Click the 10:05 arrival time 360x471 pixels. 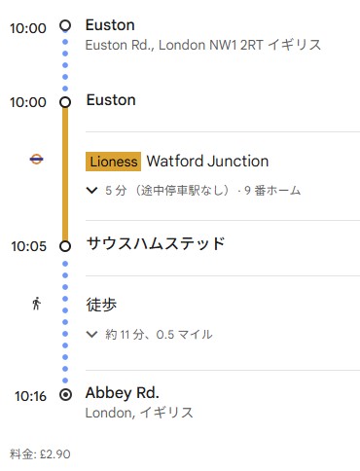tap(27, 246)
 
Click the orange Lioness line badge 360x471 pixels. tap(113, 162)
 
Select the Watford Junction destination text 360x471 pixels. tap(207, 162)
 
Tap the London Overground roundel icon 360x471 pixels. tap(36, 162)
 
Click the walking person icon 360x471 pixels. tap(36, 304)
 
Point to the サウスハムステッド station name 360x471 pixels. tap(156, 243)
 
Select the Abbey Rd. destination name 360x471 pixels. tap(123, 393)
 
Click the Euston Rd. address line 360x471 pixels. tap(202, 45)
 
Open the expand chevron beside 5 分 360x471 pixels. tap(92, 191)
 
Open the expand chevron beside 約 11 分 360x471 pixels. tap(92, 334)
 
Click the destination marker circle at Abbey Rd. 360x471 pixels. tap(65, 395)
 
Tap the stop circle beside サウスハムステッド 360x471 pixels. tap(65, 246)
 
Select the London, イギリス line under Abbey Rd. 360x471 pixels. tap(139, 413)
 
